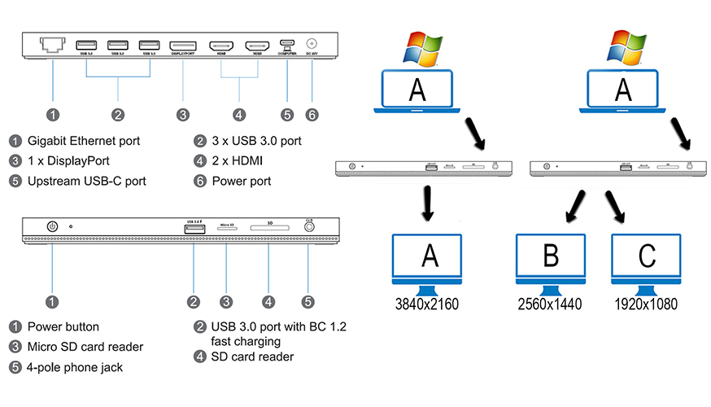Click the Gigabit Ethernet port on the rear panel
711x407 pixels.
[53, 46]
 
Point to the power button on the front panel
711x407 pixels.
[54, 228]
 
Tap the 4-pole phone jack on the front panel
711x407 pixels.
[308, 229]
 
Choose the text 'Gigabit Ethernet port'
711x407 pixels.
[84, 141]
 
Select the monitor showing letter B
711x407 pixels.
[550, 258]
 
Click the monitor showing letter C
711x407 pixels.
[648, 258]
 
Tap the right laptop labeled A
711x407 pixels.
[622, 91]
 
